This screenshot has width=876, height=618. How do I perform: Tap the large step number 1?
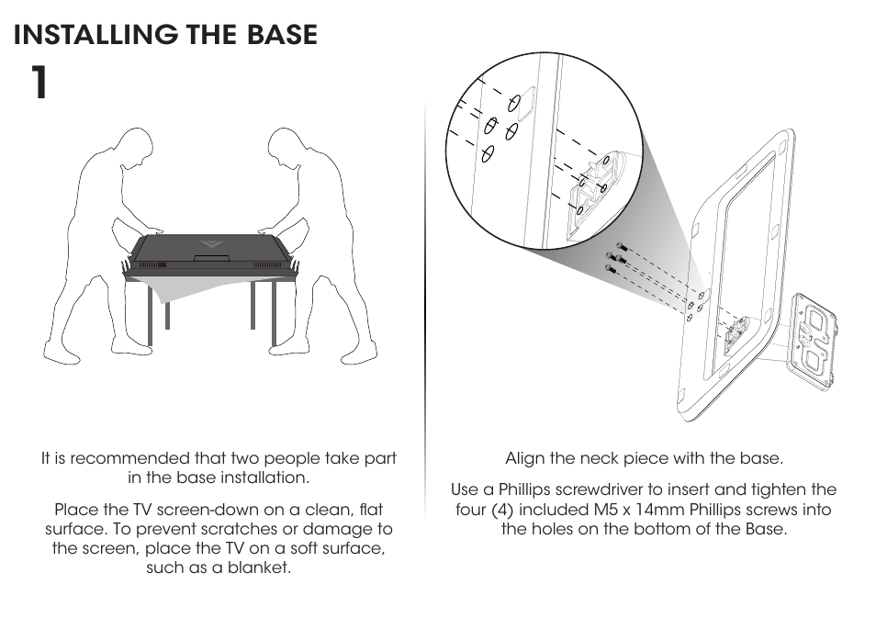pos(37,84)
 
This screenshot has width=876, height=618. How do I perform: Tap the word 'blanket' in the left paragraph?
pos(261,567)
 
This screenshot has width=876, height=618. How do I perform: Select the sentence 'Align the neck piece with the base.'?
pos(644,458)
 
